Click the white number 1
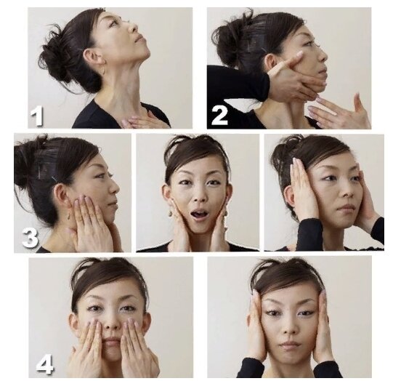pyautogui.click(x=37, y=116)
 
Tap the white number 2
pyautogui.click(x=219, y=116)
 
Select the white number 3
pyautogui.click(x=30, y=238)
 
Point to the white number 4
pyautogui.click(x=45, y=364)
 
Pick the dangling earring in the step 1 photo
pyautogui.click(x=103, y=71)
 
